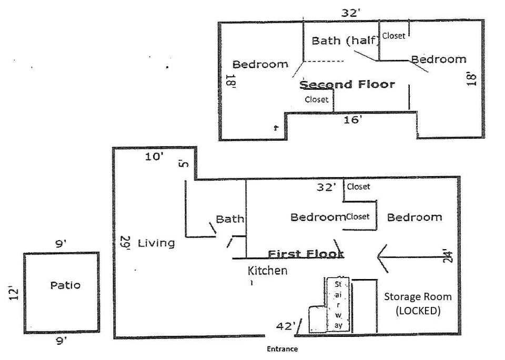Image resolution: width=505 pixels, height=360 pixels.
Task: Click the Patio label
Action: (x=65, y=285)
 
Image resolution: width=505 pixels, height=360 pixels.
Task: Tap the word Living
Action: (x=156, y=243)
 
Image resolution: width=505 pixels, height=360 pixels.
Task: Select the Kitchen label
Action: (x=267, y=271)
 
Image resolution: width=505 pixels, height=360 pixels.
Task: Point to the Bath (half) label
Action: (x=345, y=40)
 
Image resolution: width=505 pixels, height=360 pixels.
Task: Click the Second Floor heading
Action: (x=347, y=84)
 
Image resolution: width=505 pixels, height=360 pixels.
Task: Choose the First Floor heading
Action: (x=306, y=254)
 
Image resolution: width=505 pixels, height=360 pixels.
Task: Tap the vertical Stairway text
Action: (x=338, y=305)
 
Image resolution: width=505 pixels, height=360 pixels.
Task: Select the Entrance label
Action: (x=282, y=349)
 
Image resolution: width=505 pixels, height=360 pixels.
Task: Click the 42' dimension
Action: (x=286, y=326)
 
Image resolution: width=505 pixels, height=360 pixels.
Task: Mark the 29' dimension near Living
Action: (x=125, y=243)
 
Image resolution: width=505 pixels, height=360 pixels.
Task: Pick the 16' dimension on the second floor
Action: (x=352, y=120)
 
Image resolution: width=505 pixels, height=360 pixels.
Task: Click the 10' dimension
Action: (x=155, y=156)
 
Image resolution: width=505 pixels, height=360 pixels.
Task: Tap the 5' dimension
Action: (x=184, y=163)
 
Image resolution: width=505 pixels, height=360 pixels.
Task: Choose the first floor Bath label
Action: (x=230, y=219)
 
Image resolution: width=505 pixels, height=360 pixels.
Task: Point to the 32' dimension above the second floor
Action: (x=350, y=13)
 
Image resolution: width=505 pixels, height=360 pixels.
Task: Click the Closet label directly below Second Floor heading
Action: (x=316, y=99)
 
